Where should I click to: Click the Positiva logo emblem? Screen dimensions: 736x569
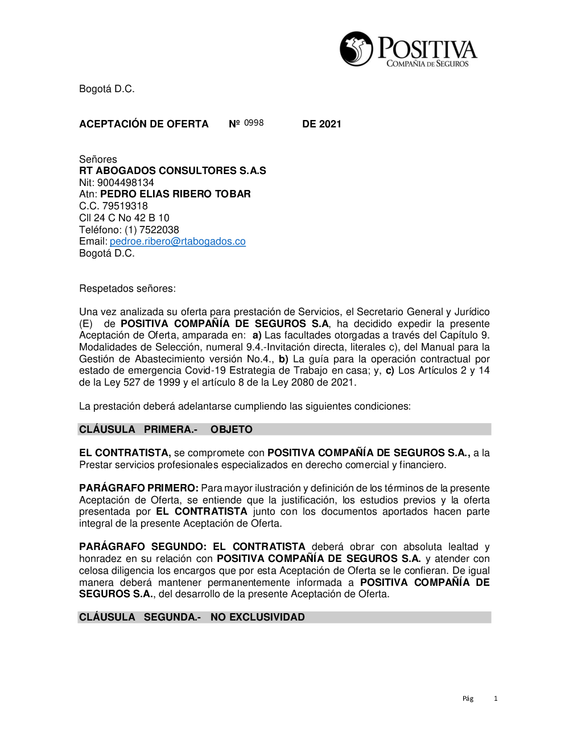[356, 49]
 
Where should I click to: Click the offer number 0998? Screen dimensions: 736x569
[254, 123]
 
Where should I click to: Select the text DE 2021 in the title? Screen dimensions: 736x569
[321, 124]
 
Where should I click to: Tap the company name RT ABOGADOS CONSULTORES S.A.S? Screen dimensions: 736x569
[172, 171]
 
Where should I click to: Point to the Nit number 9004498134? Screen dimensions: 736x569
[125, 183]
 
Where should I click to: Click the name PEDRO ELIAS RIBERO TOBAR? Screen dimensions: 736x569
[175, 194]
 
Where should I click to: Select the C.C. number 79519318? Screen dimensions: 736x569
[125, 206]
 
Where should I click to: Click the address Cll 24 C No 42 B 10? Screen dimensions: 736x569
[124, 218]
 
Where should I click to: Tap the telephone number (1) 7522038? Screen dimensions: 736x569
[151, 230]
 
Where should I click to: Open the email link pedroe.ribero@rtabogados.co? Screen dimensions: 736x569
[178, 241]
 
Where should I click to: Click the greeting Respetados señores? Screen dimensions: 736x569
[127, 288]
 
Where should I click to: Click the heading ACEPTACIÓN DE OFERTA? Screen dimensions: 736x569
[144, 124]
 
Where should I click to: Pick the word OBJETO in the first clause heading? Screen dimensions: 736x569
[231, 429]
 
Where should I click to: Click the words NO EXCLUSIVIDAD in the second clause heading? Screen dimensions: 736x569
[257, 617]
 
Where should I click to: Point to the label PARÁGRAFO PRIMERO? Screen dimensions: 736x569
[139, 488]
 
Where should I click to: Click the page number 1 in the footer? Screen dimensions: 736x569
[496, 698]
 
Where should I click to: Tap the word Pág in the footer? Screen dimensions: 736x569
[468, 698]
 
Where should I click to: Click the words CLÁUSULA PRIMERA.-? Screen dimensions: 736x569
[138, 429]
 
